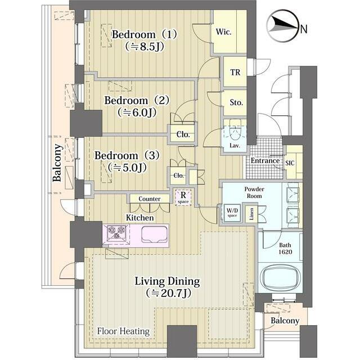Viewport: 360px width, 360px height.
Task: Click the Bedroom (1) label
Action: [x=145, y=34]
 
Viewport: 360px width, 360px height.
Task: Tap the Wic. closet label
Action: [x=223, y=32]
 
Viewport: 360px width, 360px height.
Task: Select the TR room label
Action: [x=235, y=73]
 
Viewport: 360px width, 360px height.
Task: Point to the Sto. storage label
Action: [x=236, y=102]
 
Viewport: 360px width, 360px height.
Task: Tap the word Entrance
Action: [x=265, y=160]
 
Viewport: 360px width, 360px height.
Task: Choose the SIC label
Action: [x=290, y=163]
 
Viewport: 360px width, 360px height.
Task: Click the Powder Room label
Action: [x=254, y=192]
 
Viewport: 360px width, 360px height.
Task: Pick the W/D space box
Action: [x=232, y=213]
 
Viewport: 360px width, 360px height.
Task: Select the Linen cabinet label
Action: [x=251, y=214]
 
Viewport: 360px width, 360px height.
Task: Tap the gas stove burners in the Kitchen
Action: [x=118, y=232]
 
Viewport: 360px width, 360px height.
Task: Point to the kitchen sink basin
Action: [x=155, y=234]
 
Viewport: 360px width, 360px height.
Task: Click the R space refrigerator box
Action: [x=183, y=197]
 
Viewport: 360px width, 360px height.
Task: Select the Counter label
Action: [x=150, y=199]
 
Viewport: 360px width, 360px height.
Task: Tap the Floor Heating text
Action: [x=123, y=331]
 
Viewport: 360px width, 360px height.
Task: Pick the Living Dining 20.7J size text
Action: [x=169, y=293]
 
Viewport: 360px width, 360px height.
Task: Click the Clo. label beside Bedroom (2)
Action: [x=183, y=134]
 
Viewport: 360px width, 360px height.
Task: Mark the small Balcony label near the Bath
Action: [x=285, y=321]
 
